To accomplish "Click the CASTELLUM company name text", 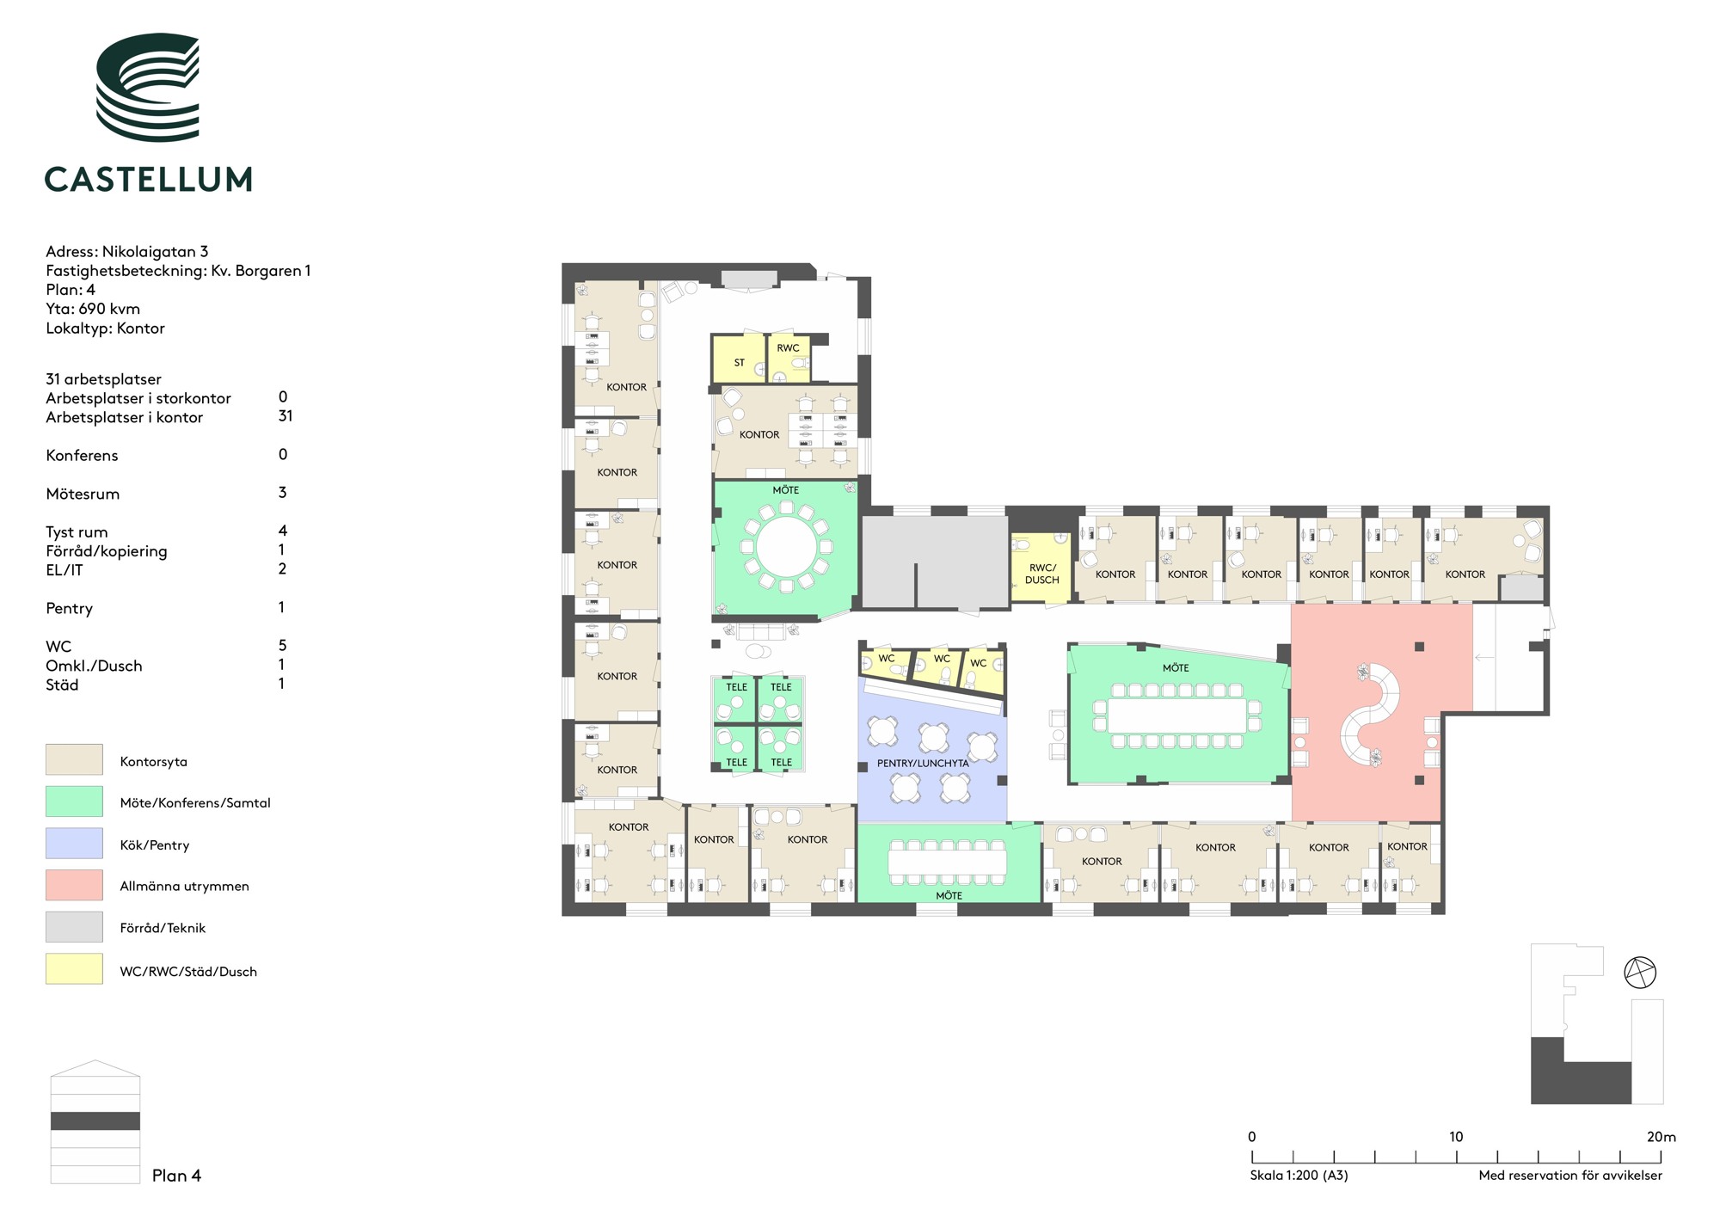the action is coord(148,179).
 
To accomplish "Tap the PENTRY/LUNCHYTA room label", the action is coord(923,763).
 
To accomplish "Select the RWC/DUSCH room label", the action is coord(1042,574).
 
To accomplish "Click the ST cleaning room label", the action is coord(739,363).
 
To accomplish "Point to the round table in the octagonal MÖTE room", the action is coord(786,546).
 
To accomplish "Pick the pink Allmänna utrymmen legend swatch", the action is coord(74,885).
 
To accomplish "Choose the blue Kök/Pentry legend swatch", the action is coord(74,843).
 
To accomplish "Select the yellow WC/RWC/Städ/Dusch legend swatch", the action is coord(74,969).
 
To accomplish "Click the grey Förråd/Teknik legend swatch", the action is coord(74,927).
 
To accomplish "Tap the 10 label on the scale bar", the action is coord(1455,1137).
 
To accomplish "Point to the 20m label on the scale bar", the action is coord(1661,1137).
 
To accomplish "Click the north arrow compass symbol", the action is coord(1640,973).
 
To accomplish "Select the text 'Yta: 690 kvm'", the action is coord(93,309).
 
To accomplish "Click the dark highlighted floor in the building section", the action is coord(95,1121).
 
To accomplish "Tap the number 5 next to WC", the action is coord(282,645).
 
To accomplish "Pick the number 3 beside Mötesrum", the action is coord(282,493).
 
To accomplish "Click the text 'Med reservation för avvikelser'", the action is coord(1570,1176).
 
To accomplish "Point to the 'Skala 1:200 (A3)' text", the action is coord(1299,1176).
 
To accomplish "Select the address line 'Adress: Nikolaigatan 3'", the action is coord(127,252).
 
